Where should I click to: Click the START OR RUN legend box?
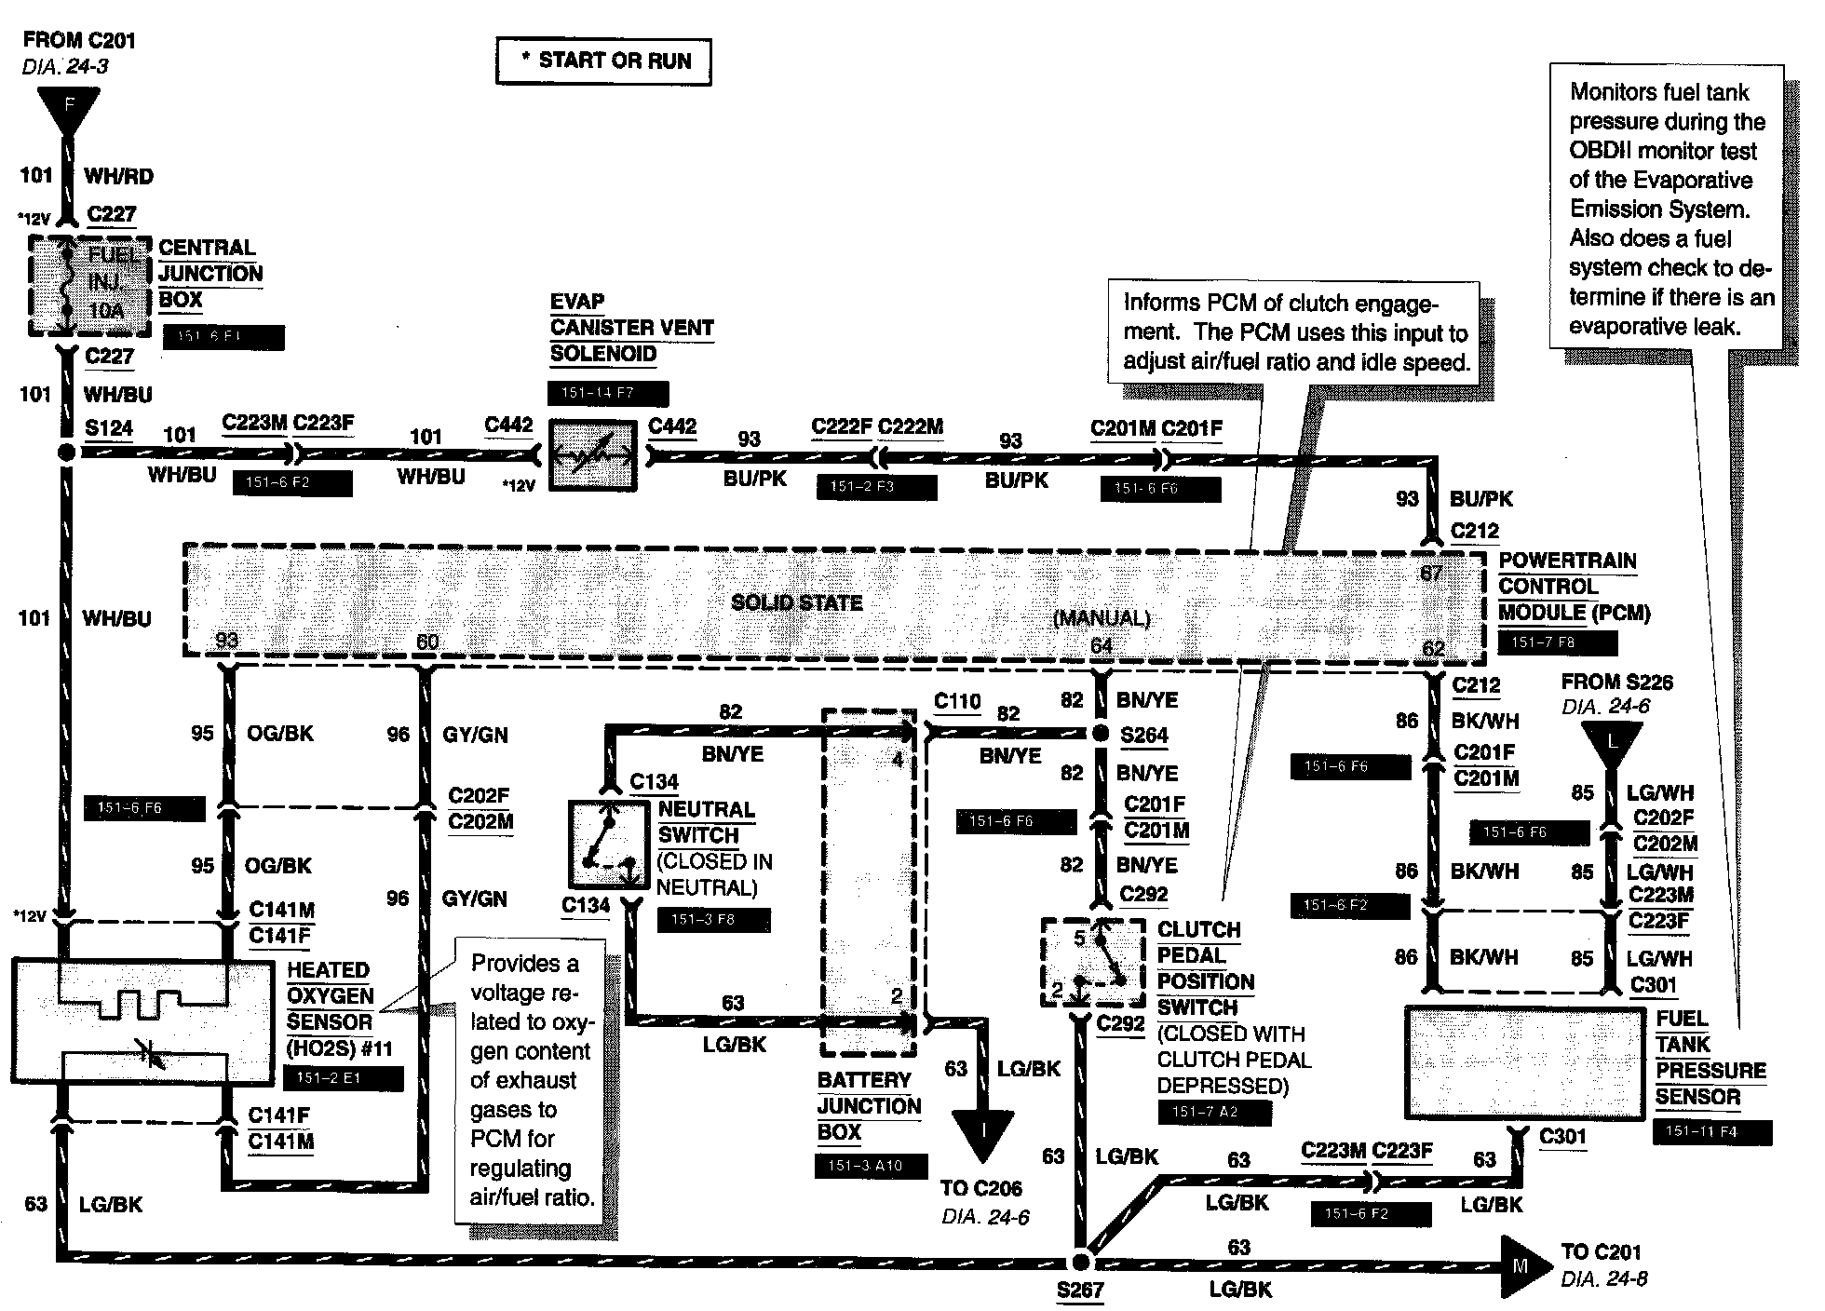pos(603,61)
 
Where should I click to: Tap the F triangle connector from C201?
pos(67,110)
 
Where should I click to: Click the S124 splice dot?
pos(66,453)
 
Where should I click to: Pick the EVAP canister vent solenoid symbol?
pos(592,454)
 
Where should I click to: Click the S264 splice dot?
pos(1101,734)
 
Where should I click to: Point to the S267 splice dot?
pos(1080,1262)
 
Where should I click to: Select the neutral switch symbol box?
pos(607,844)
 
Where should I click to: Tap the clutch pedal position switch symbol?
pos(1093,962)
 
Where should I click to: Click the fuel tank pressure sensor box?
pos(1524,1062)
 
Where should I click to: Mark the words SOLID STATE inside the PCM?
pos(797,602)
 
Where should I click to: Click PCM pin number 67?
pos(1431,573)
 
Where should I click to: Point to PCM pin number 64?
pos(1102,645)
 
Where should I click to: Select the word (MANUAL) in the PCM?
pos(1102,618)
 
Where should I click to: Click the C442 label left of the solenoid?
pos(508,426)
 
